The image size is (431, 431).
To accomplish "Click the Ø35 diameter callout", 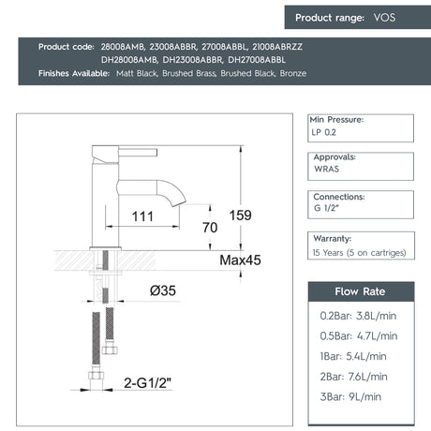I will (162, 290).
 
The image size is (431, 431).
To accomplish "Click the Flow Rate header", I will (359, 292).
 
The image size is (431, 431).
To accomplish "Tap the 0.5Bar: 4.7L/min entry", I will (357, 335).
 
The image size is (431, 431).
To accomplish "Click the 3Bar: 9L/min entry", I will (351, 396).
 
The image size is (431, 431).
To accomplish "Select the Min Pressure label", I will (336, 120).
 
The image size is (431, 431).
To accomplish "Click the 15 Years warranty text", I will (360, 253).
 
